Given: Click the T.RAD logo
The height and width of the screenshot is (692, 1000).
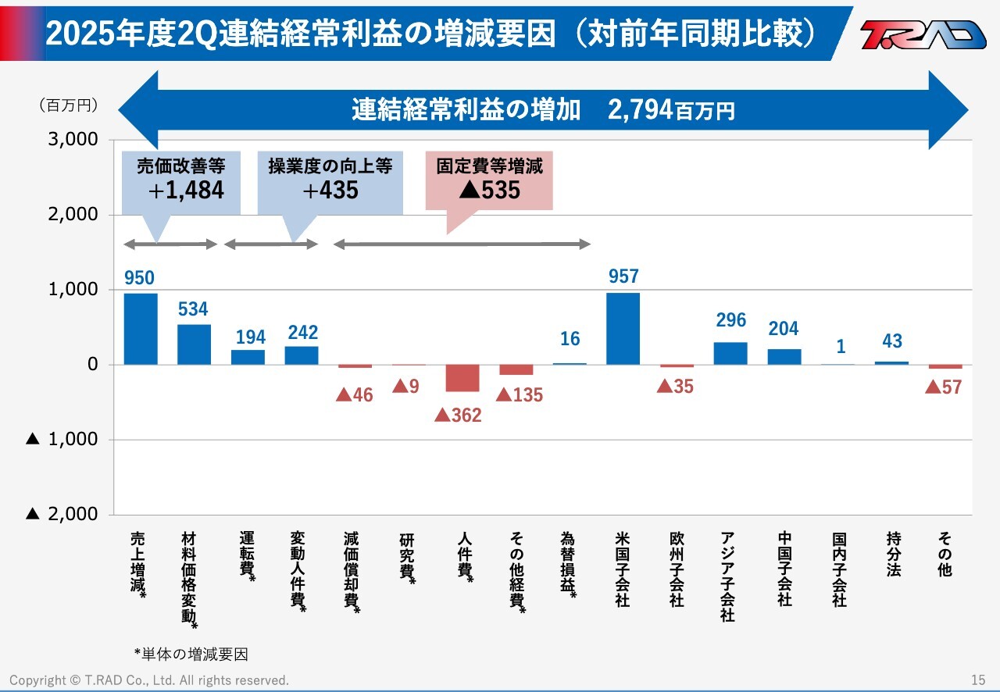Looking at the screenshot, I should pos(923,34).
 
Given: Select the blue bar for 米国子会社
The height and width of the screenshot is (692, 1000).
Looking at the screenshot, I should pos(623,328).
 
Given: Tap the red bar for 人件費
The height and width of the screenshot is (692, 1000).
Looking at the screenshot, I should pos(462,378).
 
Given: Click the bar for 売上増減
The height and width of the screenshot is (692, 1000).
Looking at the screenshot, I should pos(141,329).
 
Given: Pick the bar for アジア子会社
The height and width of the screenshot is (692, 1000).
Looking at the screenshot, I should pos(730,353).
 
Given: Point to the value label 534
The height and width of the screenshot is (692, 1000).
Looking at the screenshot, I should pos(193,309).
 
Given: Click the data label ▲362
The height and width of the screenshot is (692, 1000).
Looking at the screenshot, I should pos(458,415).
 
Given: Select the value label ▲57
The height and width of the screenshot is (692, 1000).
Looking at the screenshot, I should pos(944,387).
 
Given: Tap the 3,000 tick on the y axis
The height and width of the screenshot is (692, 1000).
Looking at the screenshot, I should pos(75,140).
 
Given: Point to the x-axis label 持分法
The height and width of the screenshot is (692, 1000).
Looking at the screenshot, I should pos(893,554).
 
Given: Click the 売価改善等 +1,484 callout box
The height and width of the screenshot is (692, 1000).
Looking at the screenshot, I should pos(180,180).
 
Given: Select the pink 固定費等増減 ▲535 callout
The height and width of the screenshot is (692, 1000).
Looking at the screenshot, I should pos(489,180).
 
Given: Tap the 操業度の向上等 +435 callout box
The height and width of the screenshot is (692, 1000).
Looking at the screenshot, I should pos(330,180).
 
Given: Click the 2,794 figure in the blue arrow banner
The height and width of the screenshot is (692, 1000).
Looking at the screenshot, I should pos(640,110).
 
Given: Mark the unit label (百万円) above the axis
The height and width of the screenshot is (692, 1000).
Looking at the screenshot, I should pos(68,105).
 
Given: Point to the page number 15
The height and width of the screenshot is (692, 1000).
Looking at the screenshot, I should pos(978,680).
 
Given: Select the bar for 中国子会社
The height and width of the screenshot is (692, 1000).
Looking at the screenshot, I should pos(784,356).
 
